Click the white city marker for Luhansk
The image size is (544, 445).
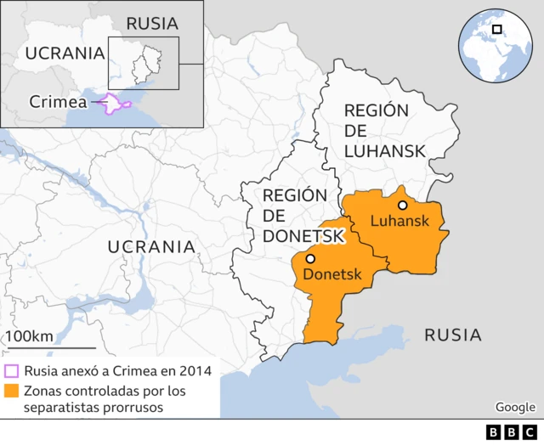[x=402, y=205]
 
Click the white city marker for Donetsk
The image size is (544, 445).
[x=311, y=259]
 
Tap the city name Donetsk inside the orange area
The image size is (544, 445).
[x=332, y=275]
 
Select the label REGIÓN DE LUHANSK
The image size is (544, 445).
[x=383, y=131]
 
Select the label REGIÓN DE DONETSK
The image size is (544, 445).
[x=295, y=215]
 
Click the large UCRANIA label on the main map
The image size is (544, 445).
[x=151, y=247]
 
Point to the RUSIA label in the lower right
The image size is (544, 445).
[x=453, y=335]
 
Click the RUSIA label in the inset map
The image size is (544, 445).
[x=152, y=23]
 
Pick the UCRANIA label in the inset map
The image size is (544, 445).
[x=65, y=53]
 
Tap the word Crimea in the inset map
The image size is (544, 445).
[x=58, y=102]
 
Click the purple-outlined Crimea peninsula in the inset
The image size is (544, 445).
[x=116, y=104]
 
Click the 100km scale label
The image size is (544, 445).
[x=29, y=336]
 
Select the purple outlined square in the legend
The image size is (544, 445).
[x=11, y=371]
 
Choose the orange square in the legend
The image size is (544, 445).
[x=11, y=391]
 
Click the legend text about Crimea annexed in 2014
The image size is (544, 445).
[x=118, y=371]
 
